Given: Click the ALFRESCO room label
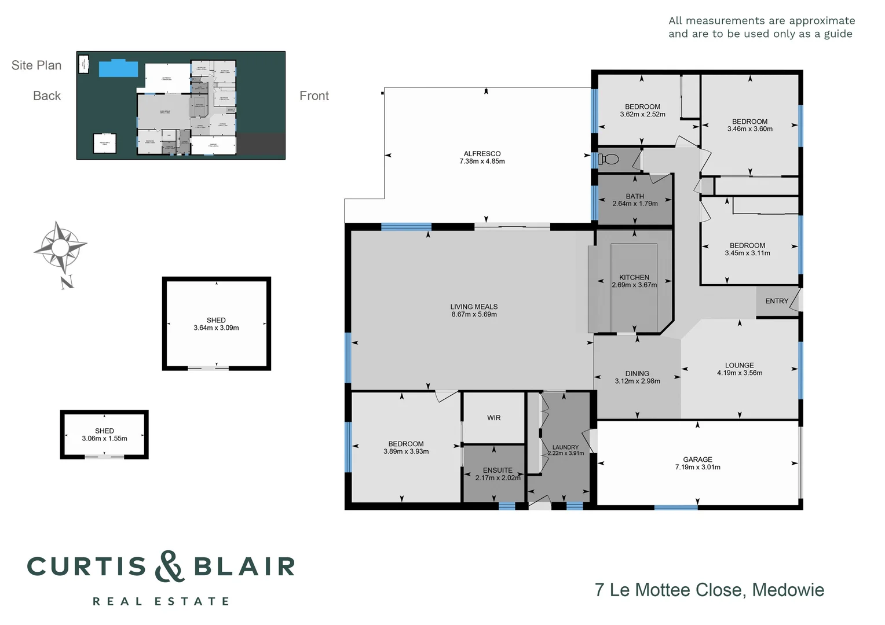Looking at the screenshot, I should (482, 154).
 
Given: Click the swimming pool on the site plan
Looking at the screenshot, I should (118, 68).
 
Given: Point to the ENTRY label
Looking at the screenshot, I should (776, 301).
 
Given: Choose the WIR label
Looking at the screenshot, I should (493, 418).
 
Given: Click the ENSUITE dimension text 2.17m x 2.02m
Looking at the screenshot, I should (498, 478).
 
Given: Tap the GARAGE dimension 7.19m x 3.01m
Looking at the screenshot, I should (697, 467).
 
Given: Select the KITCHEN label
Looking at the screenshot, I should (634, 277).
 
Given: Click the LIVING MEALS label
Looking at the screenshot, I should (474, 307).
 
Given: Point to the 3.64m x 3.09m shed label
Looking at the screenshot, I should (216, 328).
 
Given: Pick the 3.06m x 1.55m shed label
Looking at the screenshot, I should (104, 439).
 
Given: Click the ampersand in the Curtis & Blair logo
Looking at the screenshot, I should (169, 566).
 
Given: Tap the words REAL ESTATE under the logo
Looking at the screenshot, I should (161, 602).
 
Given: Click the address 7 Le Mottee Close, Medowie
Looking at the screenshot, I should (709, 590).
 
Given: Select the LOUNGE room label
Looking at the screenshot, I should (739, 365).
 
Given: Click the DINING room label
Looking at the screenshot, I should (637, 373).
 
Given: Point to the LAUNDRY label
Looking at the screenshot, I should (565, 447).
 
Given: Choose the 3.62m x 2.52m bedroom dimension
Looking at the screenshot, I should (642, 115).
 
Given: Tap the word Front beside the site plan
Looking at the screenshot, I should (314, 96).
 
